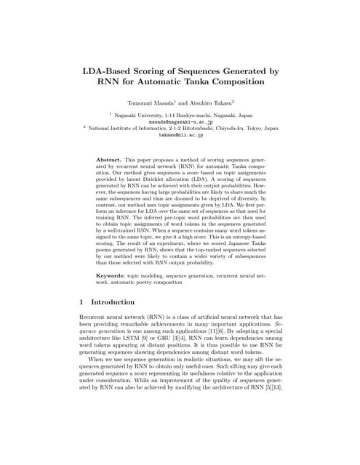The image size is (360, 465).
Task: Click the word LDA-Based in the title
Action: coord(111,71)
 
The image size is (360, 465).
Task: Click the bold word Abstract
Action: coord(111,158)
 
